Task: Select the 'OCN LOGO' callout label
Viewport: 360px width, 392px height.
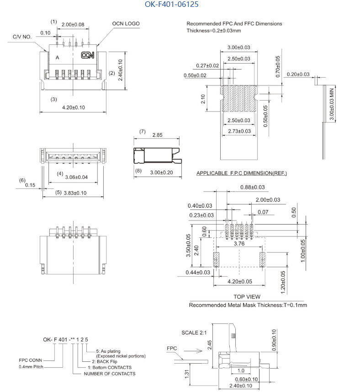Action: click(x=126, y=24)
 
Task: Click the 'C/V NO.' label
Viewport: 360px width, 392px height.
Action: click(x=21, y=36)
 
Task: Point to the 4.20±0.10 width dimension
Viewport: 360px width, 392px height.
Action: click(x=73, y=107)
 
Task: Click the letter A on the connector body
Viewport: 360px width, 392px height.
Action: click(x=58, y=58)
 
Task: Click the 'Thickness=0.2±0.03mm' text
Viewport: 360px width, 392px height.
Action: click(x=213, y=31)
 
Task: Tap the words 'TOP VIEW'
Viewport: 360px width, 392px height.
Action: click(x=247, y=297)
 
